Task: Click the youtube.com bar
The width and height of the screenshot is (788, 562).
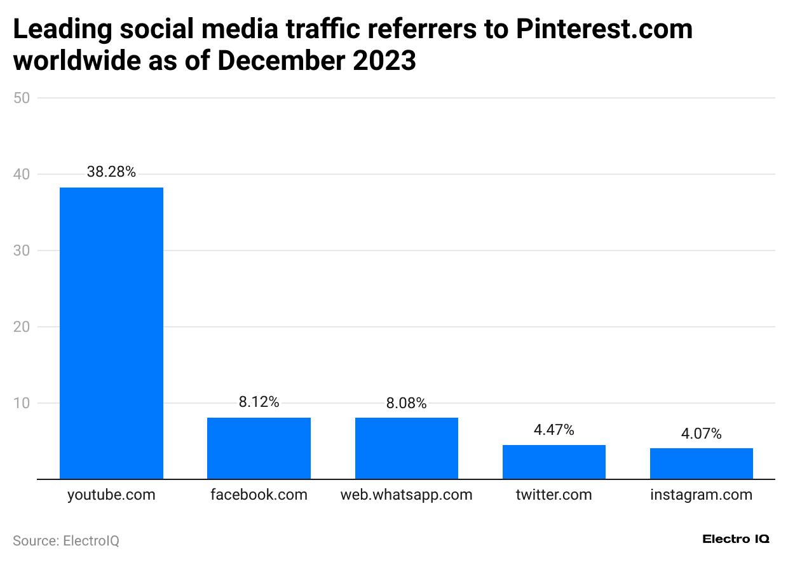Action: pyautogui.click(x=111, y=333)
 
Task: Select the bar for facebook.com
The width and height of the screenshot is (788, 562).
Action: pyautogui.click(x=259, y=448)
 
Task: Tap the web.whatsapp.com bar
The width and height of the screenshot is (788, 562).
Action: pyautogui.click(x=406, y=448)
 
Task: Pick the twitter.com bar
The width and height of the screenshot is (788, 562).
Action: pyautogui.click(x=554, y=462)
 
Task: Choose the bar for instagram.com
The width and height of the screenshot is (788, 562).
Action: pyautogui.click(x=701, y=463)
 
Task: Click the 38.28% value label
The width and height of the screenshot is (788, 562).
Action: pyautogui.click(x=111, y=172)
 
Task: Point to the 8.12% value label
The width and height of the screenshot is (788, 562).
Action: pyautogui.click(x=259, y=402)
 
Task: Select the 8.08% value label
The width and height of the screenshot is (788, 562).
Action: pyautogui.click(x=406, y=403)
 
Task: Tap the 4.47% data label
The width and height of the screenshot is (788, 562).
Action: pyautogui.click(x=554, y=430)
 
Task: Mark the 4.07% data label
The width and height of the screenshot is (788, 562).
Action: pyautogui.click(x=701, y=434)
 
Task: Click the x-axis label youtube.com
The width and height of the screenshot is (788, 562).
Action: pyautogui.click(x=111, y=495)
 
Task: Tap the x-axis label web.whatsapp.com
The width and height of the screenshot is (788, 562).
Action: pyautogui.click(x=406, y=495)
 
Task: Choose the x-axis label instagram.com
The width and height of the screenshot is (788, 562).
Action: pyautogui.click(x=701, y=495)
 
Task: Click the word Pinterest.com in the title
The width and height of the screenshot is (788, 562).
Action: pyautogui.click(x=604, y=29)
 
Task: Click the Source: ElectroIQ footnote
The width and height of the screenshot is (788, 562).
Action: pyautogui.click(x=66, y=540)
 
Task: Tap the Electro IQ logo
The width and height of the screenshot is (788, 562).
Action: pyautogui.click(x=735, y=539)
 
